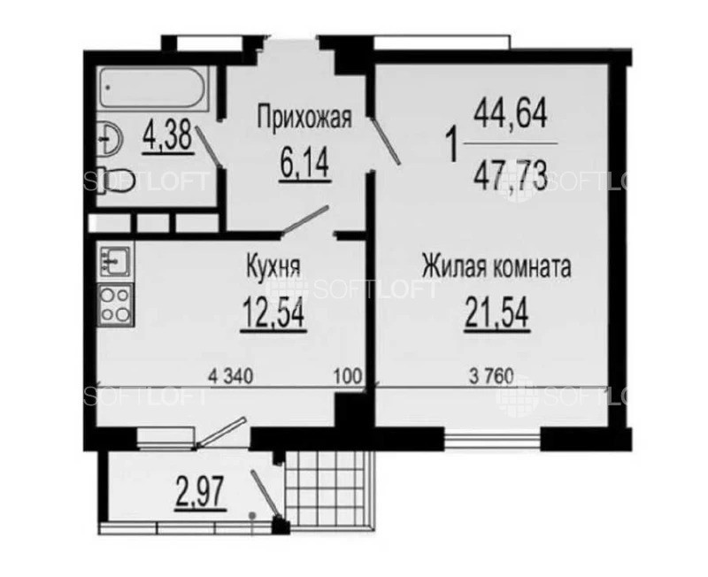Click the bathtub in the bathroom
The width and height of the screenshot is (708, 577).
pyautogui.click(x=153, y=88)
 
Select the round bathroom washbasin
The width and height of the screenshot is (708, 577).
pyautogui.click(x=109, y=138)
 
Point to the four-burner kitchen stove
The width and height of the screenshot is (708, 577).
pyautogui.click(x=116, y=304)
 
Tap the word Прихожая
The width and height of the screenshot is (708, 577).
pyautogui.click(x=304, y=119)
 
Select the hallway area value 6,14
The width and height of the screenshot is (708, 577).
pyautogui.click(x=304, y=165)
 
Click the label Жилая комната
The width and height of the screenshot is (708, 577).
pyautogui.click(x=496, y=266)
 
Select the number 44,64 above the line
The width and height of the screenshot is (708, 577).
pyautogui.click(x=511, y=114)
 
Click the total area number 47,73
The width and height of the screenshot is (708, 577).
pyautogui.click(x=511, y=175)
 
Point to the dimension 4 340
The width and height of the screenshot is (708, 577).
pyautogui.click(x=230, y=375)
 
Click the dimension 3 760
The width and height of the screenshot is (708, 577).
pyautogui.click(x=492, y=376)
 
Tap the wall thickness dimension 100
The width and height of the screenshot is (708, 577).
pyautogui.click(x=348, y=375)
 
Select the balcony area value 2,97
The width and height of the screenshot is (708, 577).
pyautogui.click(x=200, y=494)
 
